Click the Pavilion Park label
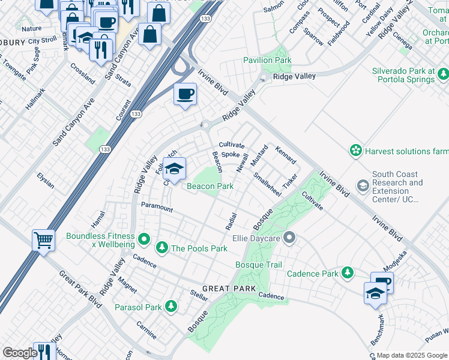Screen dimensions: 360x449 click(x=267, y=61)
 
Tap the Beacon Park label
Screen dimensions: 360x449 click(x=209, y=187)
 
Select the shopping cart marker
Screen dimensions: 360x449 click(x=43, y=241)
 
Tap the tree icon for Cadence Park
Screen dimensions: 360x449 click(x=347, y=273)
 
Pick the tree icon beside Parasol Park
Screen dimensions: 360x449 click(x=171, y=307)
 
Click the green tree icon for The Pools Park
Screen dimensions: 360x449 click(x=161, y=248)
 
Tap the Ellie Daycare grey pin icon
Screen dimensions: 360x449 click(x=289, y=238)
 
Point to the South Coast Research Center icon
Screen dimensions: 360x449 click(x=363, y=186)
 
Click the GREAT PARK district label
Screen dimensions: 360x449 click(x=225, y=289)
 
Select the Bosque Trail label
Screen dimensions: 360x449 click(x=259, y=265)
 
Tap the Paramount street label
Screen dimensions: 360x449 click(x=157, y=207)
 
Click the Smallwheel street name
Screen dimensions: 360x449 click(x=267, y=185)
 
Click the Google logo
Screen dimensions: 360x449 click(x=20, y=353)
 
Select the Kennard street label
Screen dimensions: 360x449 click(x=286, y=155)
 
